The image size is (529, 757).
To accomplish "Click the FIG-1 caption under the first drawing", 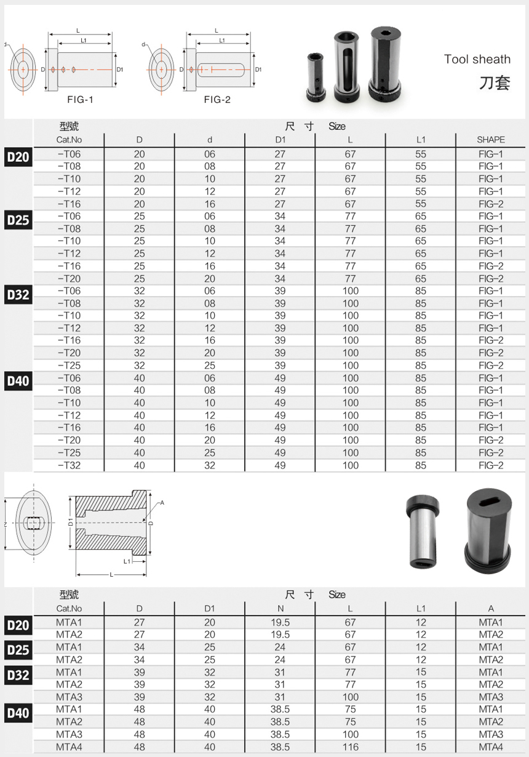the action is [80, 100].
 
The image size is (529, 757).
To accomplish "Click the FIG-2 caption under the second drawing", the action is [217, 100].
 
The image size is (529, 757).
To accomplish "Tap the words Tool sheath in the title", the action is [477, 60].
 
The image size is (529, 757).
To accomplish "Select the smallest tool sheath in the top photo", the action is [316, 78].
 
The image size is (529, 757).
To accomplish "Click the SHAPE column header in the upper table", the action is [491, 140].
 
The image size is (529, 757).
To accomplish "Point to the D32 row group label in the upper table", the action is [18, 295].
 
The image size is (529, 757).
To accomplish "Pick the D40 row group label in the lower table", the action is [18, 713].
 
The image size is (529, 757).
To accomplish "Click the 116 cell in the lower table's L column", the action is [350, 747].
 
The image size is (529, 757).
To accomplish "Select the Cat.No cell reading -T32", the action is [70, 465].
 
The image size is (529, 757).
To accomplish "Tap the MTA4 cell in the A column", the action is [491, 747].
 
